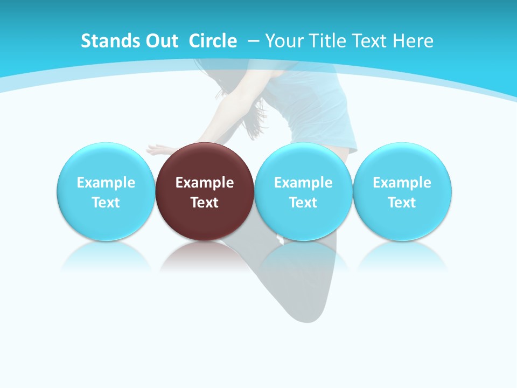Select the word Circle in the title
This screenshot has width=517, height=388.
(213, 41)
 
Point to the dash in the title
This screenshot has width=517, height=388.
(253, 41)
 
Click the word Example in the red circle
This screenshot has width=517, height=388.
(205, 183)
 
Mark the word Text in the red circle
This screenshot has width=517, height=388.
(205, 203)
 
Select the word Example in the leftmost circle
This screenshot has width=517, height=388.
(106, 183)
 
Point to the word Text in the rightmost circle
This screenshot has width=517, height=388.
(402, 203)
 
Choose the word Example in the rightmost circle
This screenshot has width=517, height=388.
(402, 183)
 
